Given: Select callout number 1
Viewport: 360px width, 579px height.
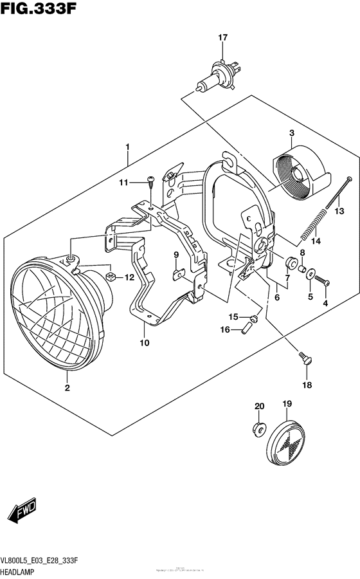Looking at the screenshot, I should [128, 147].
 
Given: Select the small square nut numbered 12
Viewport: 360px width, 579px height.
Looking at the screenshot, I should [110, 277].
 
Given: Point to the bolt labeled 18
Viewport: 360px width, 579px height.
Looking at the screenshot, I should [303, 357].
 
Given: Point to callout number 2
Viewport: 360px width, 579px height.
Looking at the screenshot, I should [66, 388].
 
